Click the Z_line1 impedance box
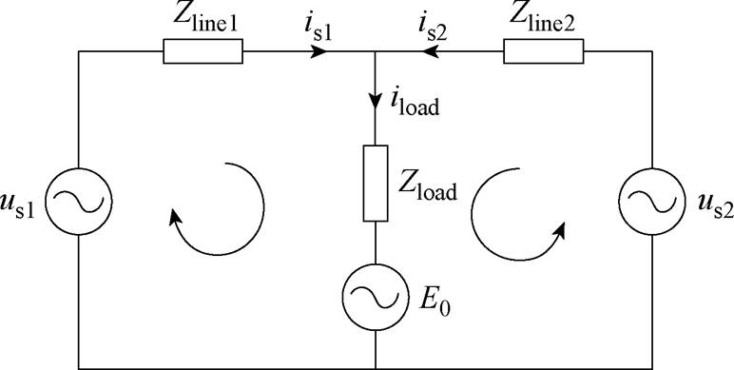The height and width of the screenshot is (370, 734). point(203,51)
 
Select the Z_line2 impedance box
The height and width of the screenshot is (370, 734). point(543,51)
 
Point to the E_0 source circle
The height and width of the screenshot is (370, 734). point(377,298)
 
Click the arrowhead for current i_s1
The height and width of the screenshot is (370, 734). point(320,51)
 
